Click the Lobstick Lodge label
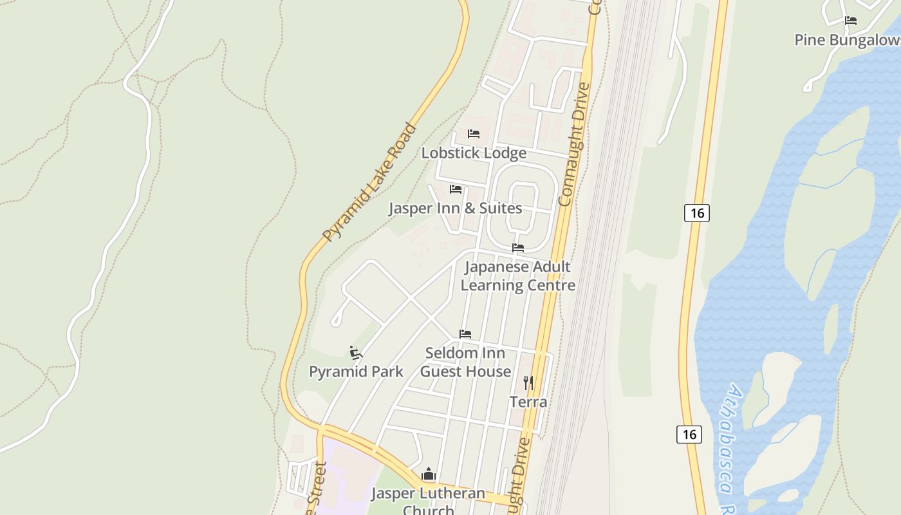pyautogui.click(x=474, y=153)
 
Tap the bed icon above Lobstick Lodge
pyautogui.click(x=474, y=134)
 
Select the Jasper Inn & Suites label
pyautogui.click(x=455, y=209)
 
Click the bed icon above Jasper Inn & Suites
pyautogui.click(x=456, y=189)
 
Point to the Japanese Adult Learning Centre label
pyautogui.click(x=518, y=276)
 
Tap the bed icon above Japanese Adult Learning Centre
pyautogui.click(x=518, y=248)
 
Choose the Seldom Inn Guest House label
pyautogui.click(x=466, y=362)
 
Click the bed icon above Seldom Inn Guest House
pyautogui.click(x=465, y=334)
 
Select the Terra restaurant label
pyautogui.click(x=528, y=402)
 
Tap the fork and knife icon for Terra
pyautogui.click(x=528, y=383)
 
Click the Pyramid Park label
pyautogui.click(x=356, y=371)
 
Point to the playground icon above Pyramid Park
pyautogui.click(x=356, y=352)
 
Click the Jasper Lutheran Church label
pyautogui.click(x=428, y=501)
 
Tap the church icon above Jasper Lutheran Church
pyautogui.click(x=429, y=475)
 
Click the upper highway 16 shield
pyautogui.click(x=697, y=212)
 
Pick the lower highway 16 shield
pyautogui.click(x=689, y=434)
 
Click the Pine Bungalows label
pyautogui.click(x=847, y=40)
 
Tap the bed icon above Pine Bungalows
pyautogui.click(x=851, y=21)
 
